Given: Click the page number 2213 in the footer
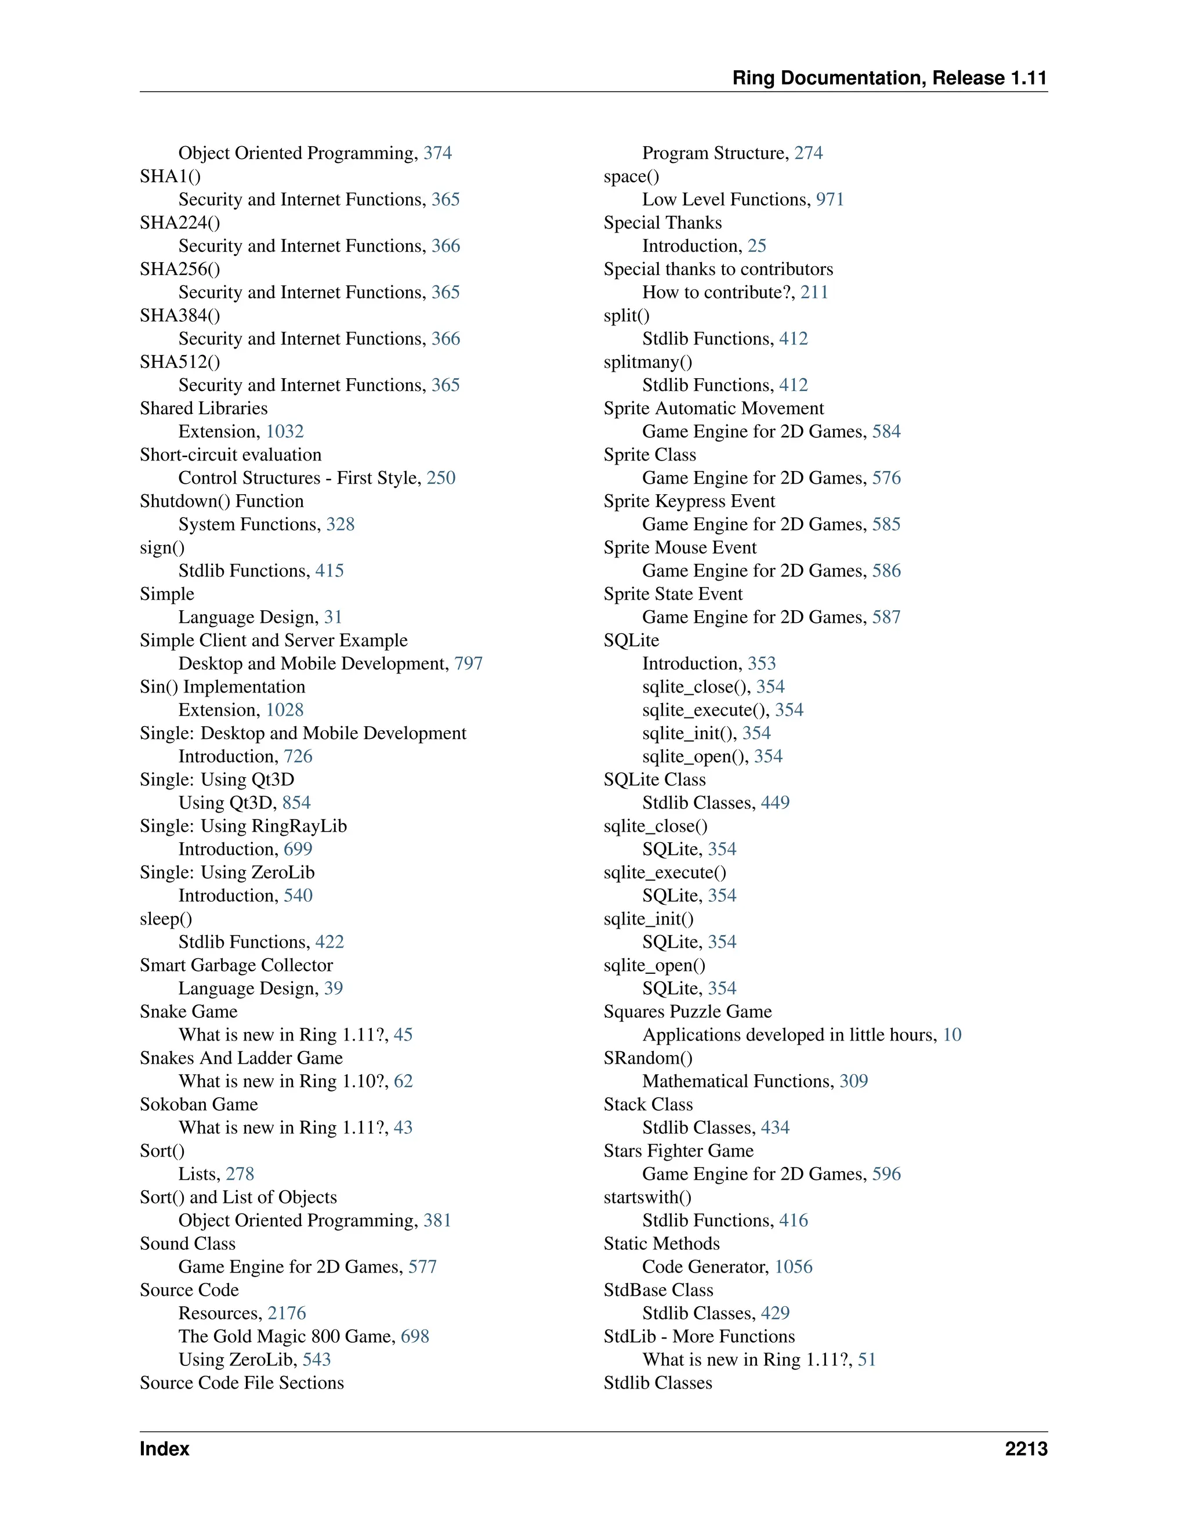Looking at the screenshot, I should point(1026,1448).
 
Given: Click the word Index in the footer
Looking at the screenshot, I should point(165,1448).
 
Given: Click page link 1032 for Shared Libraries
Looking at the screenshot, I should point(284,432).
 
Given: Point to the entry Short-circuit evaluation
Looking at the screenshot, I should point(230,455).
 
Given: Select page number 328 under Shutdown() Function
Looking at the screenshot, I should point(340,524).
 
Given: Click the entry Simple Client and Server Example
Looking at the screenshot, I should point(273,640).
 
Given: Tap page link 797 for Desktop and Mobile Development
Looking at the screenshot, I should point(468,664).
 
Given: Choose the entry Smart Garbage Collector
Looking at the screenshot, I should point(236,965).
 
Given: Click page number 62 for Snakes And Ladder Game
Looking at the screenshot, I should point(403,1081).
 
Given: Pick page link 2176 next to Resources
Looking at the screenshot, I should point(287,1313).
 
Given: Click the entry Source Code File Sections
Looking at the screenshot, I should point(241,1383).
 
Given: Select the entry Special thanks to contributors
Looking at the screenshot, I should point(718,269).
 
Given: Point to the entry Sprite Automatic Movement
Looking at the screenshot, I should point(713,408).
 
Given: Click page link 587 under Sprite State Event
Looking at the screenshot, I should point(886,617).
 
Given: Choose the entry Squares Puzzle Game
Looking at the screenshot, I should point(687,1012).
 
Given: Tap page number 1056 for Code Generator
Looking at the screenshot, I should point(793,1267).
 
